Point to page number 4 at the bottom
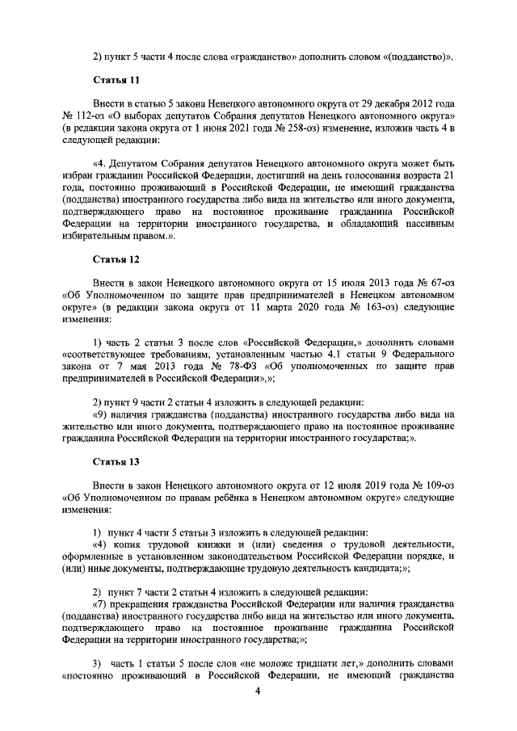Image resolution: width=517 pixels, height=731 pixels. coord(258,691)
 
